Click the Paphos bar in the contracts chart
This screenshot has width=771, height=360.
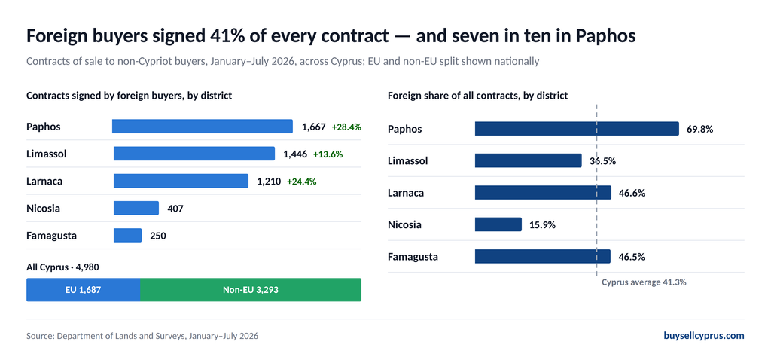click(203, 127)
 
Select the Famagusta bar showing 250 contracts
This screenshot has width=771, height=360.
click(128, 236)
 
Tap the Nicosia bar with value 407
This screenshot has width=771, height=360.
click(136, 208)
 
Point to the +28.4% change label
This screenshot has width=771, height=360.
click(346, 127)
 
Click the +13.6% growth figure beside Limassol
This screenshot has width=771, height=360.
click(328, 154)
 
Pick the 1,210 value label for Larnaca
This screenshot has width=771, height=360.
click(269, 182)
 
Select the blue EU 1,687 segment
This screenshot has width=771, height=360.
click(83, 290)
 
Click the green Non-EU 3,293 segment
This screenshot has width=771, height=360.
click(251, 290)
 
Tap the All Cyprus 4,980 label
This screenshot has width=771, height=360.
click(63, 267)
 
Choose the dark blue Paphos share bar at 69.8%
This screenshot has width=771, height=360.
click(577, 129)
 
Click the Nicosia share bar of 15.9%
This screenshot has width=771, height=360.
click(498, 224)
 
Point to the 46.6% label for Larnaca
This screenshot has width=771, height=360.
click(632, 193)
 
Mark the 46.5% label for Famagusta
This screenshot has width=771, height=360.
click(632, 257)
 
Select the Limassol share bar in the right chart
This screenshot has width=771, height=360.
click(528, 161)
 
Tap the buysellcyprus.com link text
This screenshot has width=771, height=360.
click(704, 336)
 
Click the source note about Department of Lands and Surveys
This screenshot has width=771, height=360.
click(142, 337)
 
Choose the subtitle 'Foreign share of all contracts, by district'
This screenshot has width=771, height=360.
click(478, 96)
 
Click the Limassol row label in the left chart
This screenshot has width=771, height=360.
click(46, 154)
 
